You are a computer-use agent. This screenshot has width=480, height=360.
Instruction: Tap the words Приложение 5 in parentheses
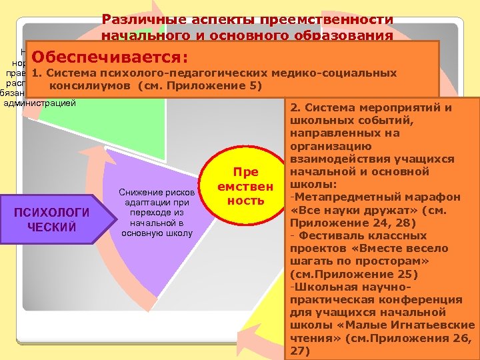226,87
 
